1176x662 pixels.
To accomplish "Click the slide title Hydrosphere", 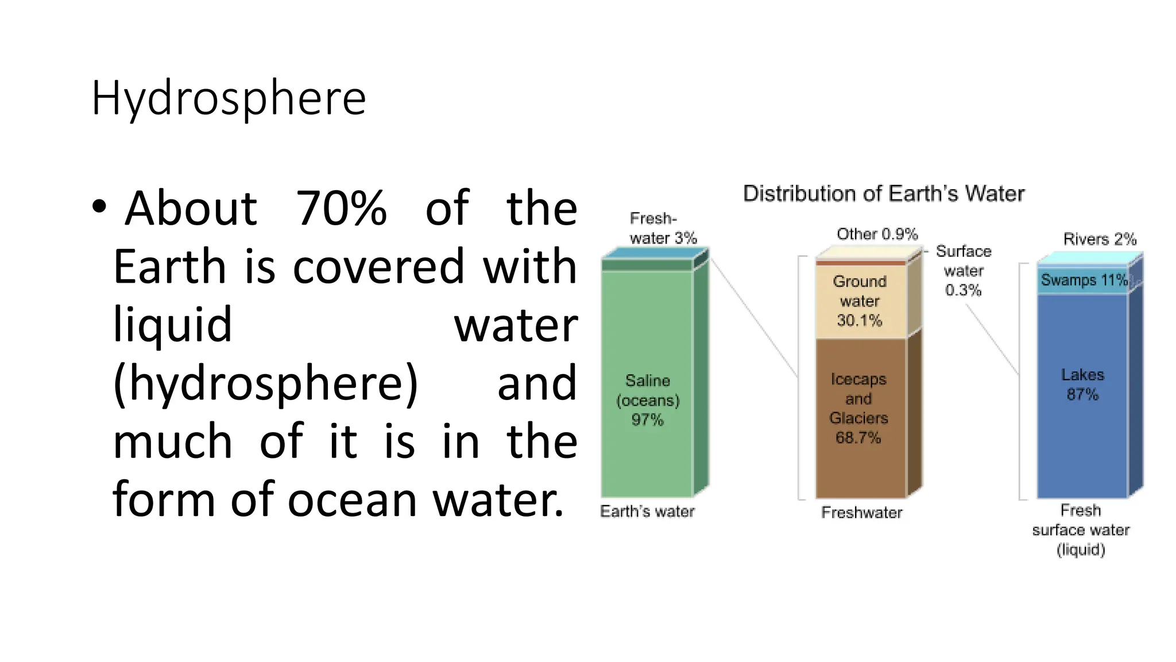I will coord(229,98).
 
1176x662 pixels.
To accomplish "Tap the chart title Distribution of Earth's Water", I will coord(883,194).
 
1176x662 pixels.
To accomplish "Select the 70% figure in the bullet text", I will coord(341,208).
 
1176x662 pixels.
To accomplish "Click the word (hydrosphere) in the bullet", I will coord(265,383).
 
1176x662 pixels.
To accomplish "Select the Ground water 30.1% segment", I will coord(860,301).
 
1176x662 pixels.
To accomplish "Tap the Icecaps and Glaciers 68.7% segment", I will coord(858,408).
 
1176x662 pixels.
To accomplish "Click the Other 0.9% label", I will coord(877,234).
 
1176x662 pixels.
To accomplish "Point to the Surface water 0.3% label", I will coord(964,271).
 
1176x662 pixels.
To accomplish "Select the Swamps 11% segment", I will coord(1082,280).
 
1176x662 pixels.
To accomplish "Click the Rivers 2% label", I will coord(1100,239).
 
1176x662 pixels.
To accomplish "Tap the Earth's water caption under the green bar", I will coord(647,511).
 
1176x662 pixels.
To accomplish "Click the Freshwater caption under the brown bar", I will coord(861,513).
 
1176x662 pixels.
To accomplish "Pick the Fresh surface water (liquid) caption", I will coord(1081,530).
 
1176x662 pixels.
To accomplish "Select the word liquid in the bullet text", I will coord(172,325).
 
